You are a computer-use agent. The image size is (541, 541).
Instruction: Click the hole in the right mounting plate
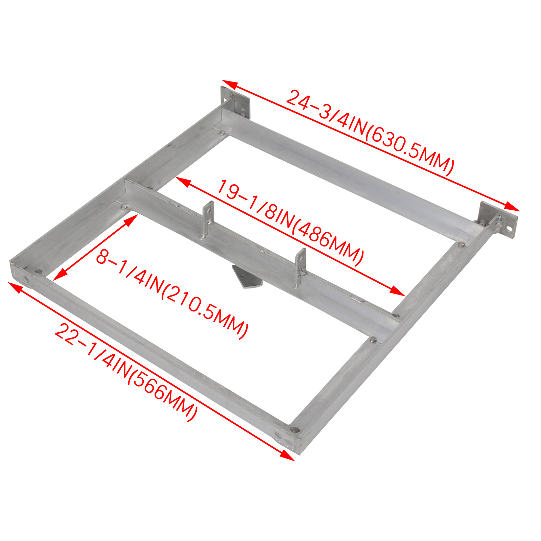(509, 228)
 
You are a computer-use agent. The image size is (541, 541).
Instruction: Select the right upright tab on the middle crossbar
(300, 267)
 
